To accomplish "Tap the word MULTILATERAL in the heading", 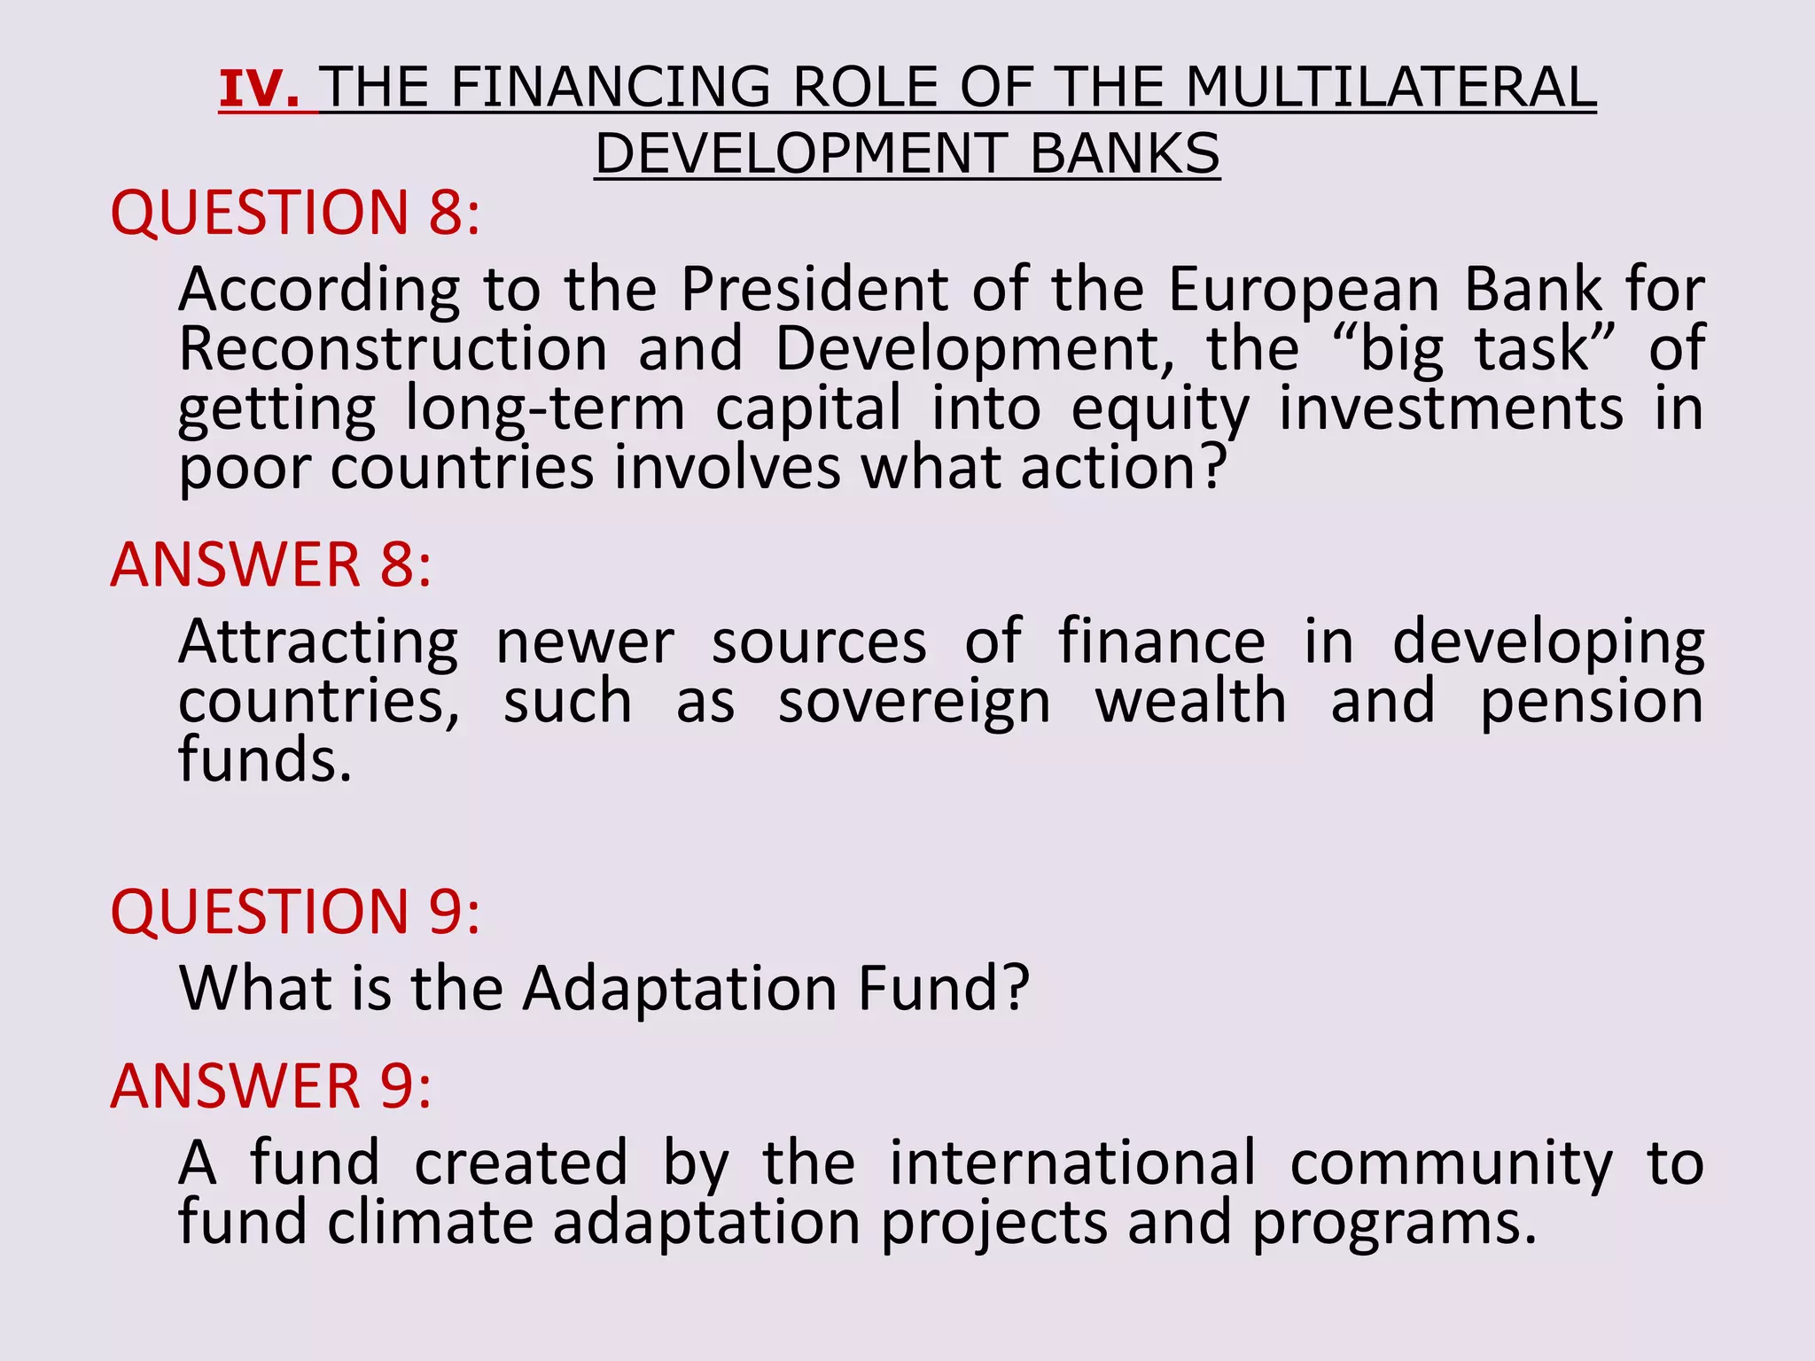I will [1390, 89].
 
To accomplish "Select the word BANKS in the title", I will [1125, 154].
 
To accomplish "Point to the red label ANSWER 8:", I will [271, 564].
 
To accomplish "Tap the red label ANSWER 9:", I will [271, 1085].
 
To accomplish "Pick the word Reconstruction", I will [393, 348].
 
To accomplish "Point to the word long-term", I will [545, 409].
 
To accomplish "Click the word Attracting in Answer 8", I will [319, 642].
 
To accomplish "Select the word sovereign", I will [914, 703].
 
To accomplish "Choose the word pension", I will [1592, 703].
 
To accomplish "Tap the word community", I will [1451, 1163].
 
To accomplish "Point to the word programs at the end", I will [1382, 1223].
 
